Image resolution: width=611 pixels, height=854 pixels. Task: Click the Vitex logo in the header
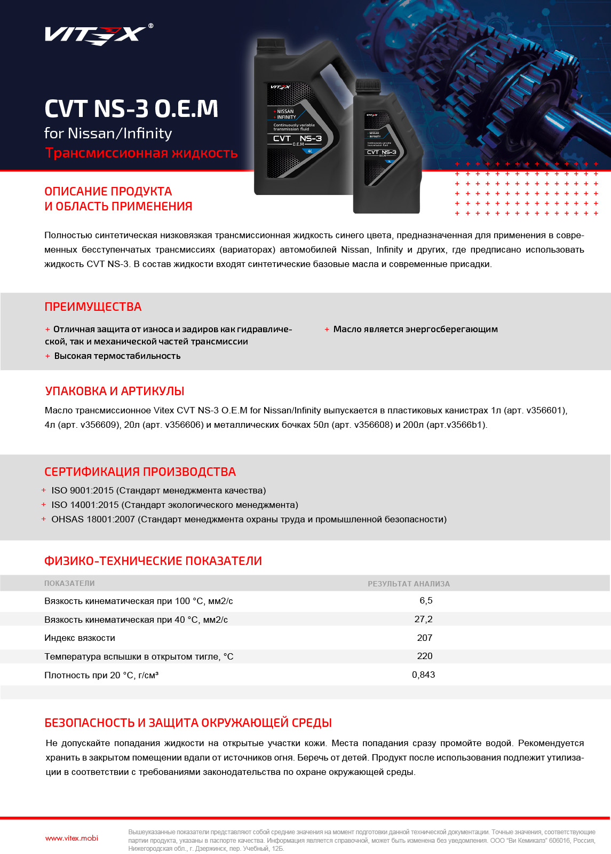click(x=95, y=35)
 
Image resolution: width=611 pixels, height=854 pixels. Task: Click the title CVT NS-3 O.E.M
click(x=131, y=109)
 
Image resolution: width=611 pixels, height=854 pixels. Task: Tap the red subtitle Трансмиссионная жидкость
click(x=141, y=153)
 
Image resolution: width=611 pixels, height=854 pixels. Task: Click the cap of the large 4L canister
click(x=273, y=45)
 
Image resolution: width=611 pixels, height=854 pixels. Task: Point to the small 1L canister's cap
click(x=368, y=85)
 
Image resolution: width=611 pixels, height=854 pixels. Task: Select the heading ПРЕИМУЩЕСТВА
click(x=93, y=307)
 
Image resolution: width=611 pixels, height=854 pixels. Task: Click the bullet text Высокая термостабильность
click(x=117, y=356)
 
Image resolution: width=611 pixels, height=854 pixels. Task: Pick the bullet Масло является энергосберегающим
click(x=415, y=330)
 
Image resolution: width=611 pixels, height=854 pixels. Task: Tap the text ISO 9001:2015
click(x=82, y=491)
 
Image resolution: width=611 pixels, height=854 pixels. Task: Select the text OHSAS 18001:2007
click(x=93, y=520)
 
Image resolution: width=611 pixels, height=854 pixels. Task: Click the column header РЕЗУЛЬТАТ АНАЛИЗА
click(x=409, y=584)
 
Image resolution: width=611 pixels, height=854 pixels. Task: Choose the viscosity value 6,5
click(x=426, y=601)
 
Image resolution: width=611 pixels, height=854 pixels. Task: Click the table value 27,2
click(x=424, y=620)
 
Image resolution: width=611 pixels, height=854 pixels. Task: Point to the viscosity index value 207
click(x=425, y=638)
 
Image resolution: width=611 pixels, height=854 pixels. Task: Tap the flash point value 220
click(x=425, y=656)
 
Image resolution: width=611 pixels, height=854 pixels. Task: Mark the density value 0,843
click(x=424, y=675)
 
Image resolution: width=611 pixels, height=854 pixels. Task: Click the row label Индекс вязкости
click(x=80, y=638)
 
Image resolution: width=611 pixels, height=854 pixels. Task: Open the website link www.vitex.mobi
click(x=72, y=839)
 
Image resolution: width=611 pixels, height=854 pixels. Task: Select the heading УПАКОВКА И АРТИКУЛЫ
click(x=115, y=391)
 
